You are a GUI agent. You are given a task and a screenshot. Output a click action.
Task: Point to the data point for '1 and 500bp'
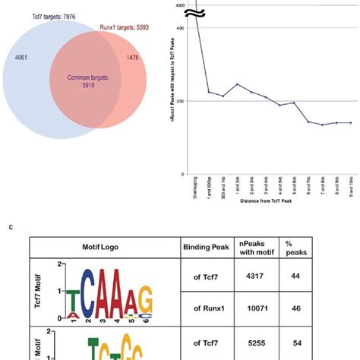[210, 92]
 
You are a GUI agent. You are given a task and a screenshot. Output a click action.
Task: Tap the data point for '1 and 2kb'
[237, 84]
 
